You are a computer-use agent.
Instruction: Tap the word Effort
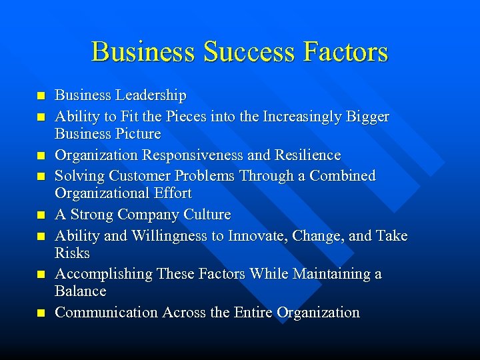coord(172,193)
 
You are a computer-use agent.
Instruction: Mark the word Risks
coord(72,253)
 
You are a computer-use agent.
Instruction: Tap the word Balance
coord(80,291)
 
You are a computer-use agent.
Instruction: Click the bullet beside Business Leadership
coord(41,96)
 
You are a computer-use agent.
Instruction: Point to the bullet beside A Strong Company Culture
coord(41,215)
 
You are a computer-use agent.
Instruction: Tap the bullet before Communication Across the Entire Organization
coord(41,313)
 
